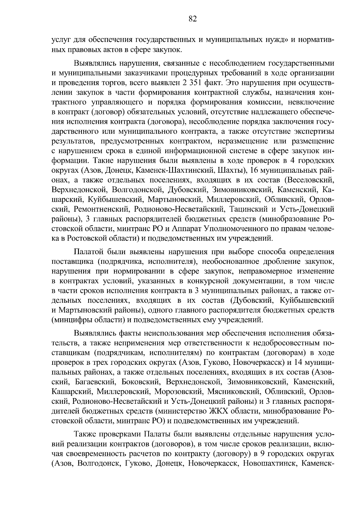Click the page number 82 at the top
(x=193, y=19)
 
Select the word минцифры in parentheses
(x=71, y=320)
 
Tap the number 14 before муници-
(x=298, y=362)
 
